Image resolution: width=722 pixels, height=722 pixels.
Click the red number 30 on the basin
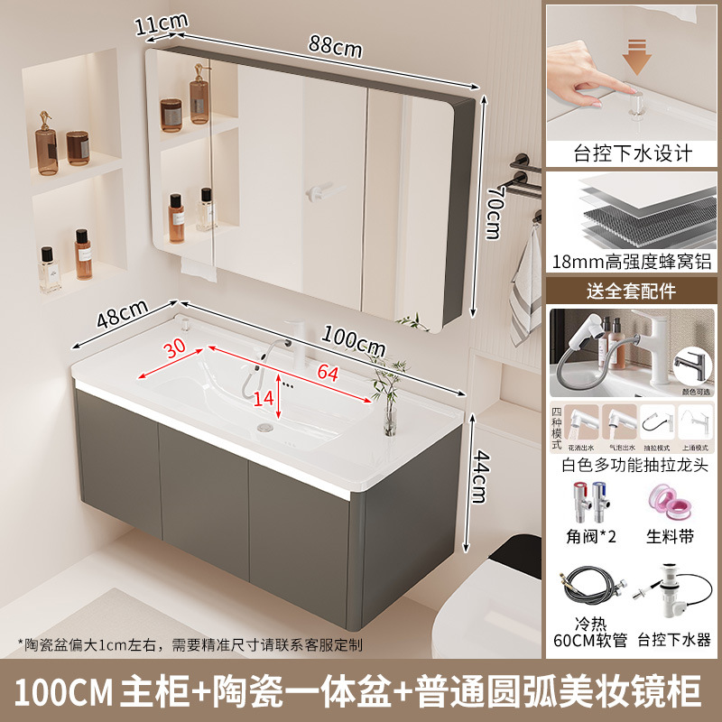(177, 347)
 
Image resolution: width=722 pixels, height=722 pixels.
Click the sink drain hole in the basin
(265, 428)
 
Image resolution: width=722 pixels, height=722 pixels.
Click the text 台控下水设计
(633, 153)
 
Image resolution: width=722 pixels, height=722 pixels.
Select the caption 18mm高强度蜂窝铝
(633, 263)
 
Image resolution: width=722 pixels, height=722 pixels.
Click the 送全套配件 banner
(633, 291)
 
